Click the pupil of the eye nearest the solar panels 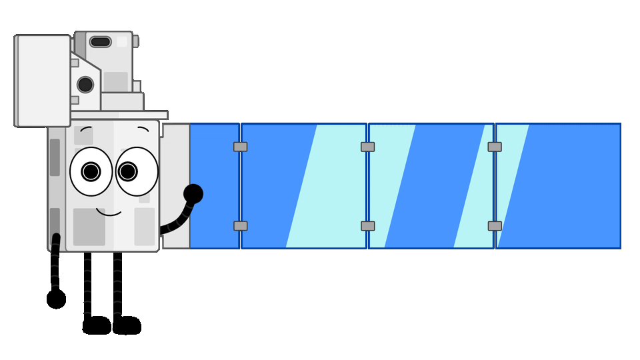coord(128,171)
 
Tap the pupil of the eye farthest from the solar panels coord(91,171)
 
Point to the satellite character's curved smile coord(109,213)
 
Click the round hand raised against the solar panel coord(193,194)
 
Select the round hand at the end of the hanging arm coord(57,299)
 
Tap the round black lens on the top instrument coord(85,85)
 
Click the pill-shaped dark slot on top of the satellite coord(100,42)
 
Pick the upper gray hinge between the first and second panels coord(241,147)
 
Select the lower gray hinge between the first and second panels coord(241,226)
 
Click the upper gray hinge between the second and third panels coord(368,147)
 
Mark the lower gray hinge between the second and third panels coord(368,226)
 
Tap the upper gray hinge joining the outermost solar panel coord(495,147)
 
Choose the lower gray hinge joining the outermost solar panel coord(495,226)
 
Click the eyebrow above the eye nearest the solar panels coord(143,128)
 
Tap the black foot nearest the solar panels coord(127,325)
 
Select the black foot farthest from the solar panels coord(97,325)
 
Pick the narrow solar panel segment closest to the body coord(214,185)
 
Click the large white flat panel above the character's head coord(43,81)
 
